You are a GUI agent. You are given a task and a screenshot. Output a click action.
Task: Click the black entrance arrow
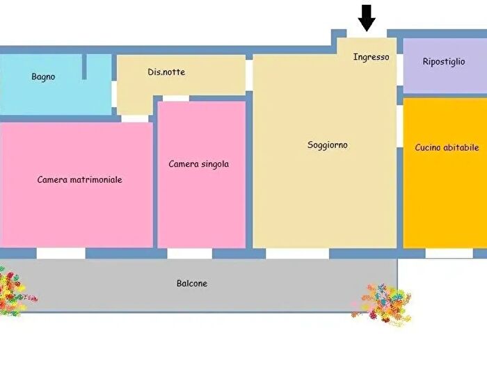(x=367, y=18)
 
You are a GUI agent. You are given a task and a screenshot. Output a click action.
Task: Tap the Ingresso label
(x=371, y=57)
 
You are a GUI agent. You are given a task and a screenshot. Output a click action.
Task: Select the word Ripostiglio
(x=444, y=61)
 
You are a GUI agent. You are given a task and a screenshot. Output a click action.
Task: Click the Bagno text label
(x=43, y=76)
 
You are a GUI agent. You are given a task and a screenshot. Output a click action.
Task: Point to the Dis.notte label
(x=166, y=72)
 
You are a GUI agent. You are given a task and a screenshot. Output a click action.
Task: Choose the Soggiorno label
(x=328, y=145)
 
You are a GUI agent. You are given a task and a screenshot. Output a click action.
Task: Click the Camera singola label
(x=198, y=164)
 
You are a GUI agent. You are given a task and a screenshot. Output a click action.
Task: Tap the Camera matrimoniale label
(x=79, y=179)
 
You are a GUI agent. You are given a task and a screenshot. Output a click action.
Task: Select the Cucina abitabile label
(x=447, y=147)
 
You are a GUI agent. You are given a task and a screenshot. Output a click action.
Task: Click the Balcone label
(x=191, y=284)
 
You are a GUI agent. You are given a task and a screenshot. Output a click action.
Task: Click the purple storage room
(x=445, y=65)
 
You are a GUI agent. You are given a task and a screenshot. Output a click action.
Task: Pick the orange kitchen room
(x=445, y=173)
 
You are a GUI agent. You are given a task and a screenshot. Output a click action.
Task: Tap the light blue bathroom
(x=55, y=84)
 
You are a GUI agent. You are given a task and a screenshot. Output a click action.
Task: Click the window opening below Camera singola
(x=190, y=254)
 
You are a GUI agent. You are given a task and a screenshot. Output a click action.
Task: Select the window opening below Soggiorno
(x=298, y=254)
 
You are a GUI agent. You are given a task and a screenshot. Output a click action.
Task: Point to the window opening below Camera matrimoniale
(x=61, y=253)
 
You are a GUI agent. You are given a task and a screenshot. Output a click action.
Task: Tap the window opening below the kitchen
(x=449, y=253)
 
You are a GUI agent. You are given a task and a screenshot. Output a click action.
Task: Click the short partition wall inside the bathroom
(x=84, y=67)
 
